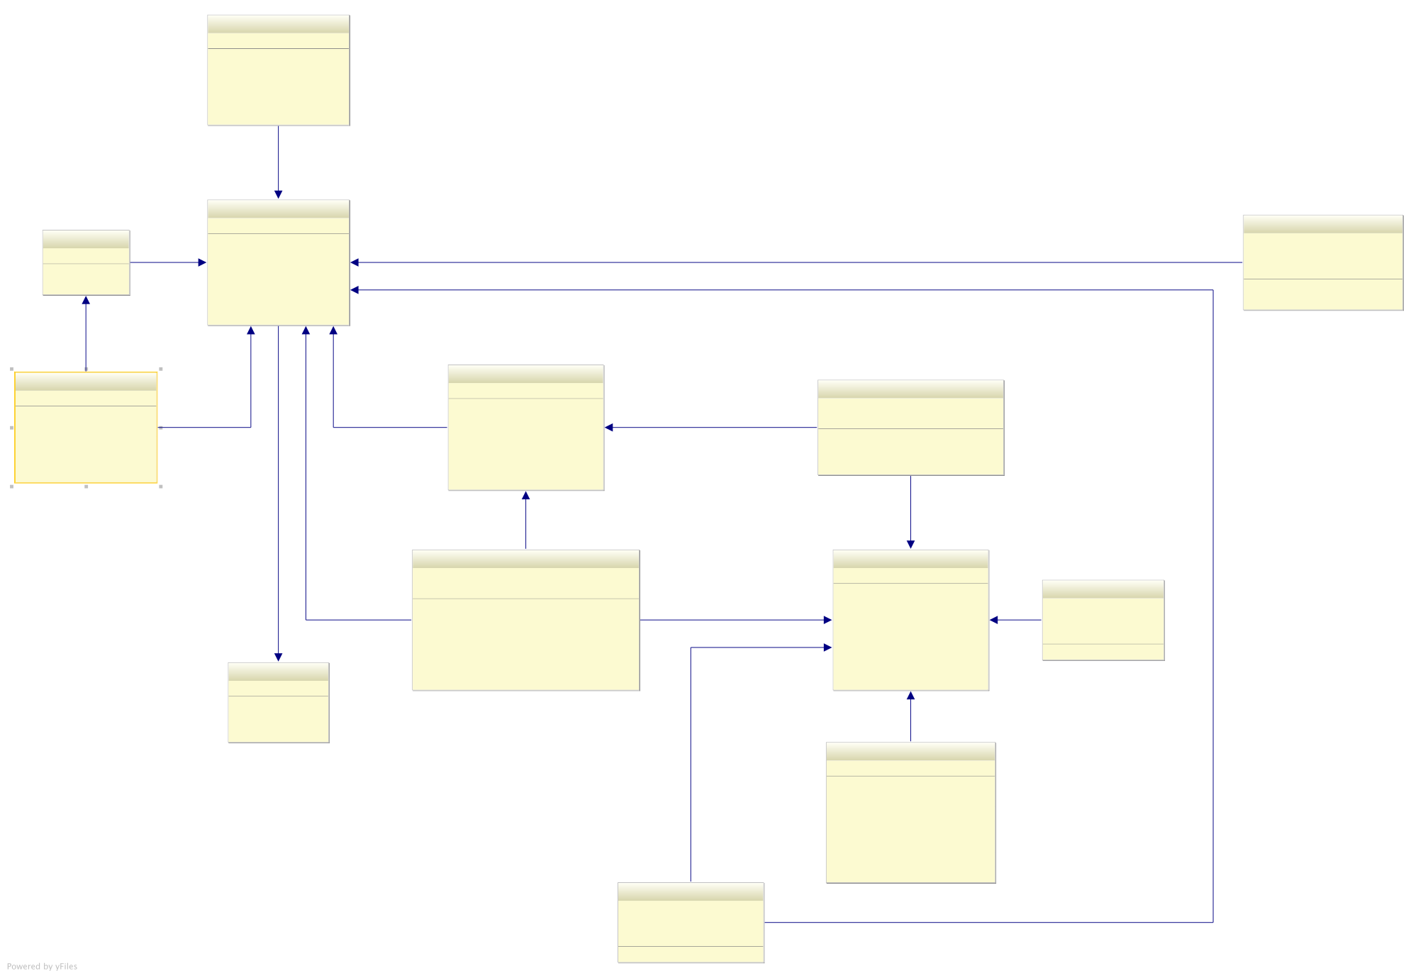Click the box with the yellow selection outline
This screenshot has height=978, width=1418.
pyautogui.click(x=86, y=436)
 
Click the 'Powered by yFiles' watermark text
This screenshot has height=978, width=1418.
pyautogui.click(x=42, y=966)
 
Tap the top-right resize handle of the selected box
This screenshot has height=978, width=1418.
pyautogui.click(x=161, y=369)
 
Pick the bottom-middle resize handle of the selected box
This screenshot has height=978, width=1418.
pyautogui.click(x=86, y=487)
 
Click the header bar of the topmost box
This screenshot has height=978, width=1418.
pyautogui.click(x=278, y=24)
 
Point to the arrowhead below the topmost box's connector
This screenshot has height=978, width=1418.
pyautogui.click(x=278, y=194)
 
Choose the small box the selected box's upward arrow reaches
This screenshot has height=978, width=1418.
pyautogui.click(x=86, y=269)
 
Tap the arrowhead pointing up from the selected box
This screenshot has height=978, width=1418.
pyautogui.click(x=86, y=301)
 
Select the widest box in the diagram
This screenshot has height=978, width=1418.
pyautogui.click(x=525, y=631)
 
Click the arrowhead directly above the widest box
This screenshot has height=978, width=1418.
pyautogui.click(x=525, y=496)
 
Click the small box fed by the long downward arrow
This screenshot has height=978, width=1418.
pyautogui.click(x=278, y=709)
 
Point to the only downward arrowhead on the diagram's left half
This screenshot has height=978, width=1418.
pyautogui.click(x=278, y=657)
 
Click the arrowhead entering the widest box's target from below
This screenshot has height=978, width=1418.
pyautogui.click(x=910, y=696)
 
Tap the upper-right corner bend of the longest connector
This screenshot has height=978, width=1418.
pyautogui.click(x=1213, y=290)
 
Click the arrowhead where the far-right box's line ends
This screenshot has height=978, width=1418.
pyautogui.click(x=354, y=262)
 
